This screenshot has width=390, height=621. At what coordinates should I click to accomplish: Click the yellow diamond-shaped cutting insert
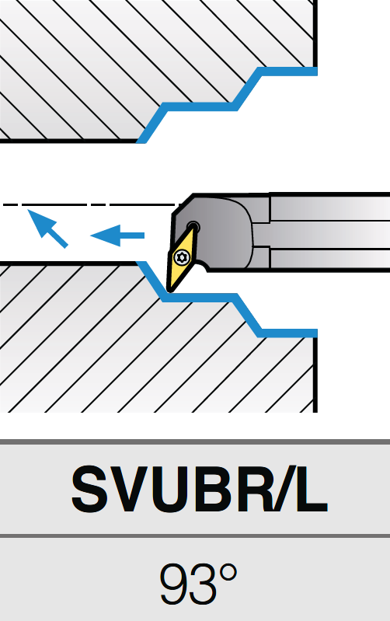[x=182, y=258]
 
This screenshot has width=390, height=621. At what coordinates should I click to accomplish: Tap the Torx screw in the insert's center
[x=183, y=256]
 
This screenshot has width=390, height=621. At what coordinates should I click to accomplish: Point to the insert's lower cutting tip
[x=170, y=291]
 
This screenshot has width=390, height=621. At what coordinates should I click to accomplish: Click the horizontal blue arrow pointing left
[x=117, y=235]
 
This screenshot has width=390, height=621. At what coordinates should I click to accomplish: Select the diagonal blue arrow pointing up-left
[x=47, y=229]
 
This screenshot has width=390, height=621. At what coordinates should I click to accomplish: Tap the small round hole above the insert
[x=193, y=226]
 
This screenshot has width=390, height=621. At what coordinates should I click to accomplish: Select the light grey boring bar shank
[x=329, y=232]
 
